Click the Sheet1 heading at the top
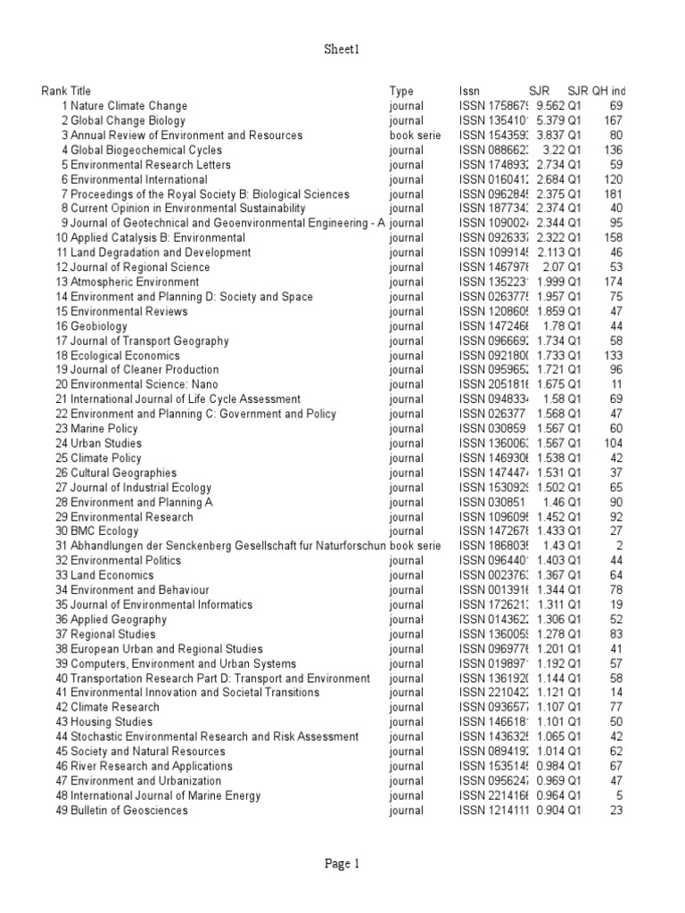(x=342, y=51)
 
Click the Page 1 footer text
(x=342, y=863)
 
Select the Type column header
(x=401, y=91)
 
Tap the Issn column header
(x=469, y=91)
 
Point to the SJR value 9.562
(x=551, y=106)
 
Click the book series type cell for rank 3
(x=415, y=136)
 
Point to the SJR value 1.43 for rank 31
(x=555, y=545)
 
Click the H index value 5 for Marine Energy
(x=617, y=795)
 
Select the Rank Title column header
(x=66, y=91)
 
